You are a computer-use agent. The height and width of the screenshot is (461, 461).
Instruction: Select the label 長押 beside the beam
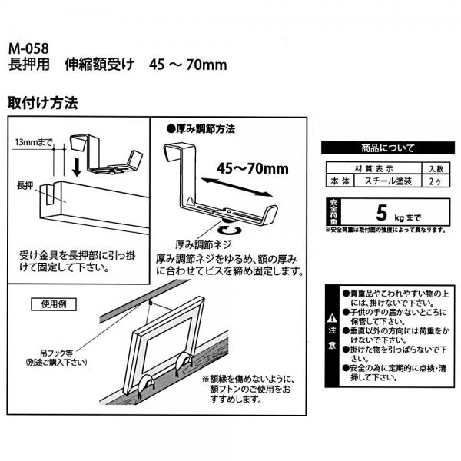tap(25, 186)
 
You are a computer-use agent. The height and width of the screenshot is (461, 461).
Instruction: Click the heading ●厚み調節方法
tap(201, 128)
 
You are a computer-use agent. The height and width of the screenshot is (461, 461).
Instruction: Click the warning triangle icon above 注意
tap(330, 317)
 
